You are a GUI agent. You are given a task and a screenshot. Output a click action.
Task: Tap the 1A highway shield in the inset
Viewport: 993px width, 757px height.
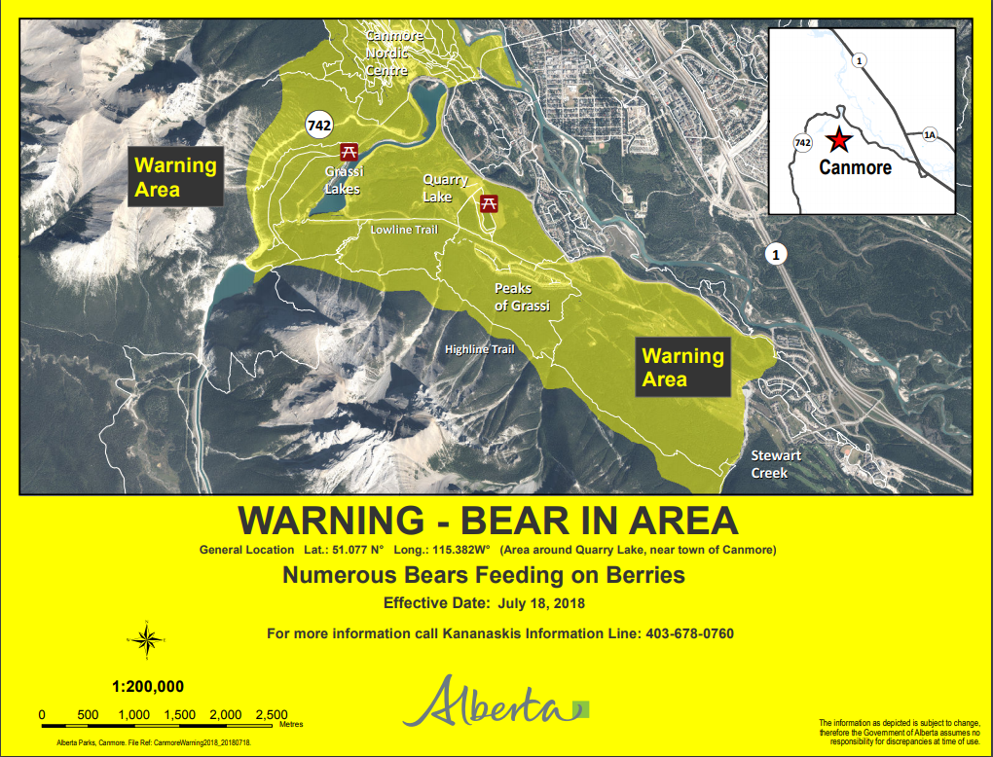point(929,134)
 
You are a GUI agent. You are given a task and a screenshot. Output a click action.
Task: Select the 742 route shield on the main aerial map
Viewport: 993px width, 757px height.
point(318,125)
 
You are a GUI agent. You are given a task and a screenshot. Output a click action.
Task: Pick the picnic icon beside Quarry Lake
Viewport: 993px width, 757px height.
point(490,202)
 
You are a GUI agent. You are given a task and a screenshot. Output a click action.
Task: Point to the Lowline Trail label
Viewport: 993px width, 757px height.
point(404,230)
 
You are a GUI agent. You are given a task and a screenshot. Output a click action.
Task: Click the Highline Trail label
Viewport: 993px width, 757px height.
point(479,349)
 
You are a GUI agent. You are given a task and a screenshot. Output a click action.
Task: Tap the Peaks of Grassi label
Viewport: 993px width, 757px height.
point(522,297)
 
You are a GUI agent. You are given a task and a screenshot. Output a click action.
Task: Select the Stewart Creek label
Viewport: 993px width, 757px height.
point(776,464)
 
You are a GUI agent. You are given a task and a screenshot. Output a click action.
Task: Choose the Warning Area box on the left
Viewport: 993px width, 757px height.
point(175,176)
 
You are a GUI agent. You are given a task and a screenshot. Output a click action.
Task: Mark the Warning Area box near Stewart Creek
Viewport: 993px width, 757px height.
point(682,368)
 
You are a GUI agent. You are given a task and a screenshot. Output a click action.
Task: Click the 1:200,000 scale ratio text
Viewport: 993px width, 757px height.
point(147,686)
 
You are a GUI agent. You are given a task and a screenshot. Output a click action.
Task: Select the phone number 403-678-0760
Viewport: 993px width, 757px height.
point(689,633)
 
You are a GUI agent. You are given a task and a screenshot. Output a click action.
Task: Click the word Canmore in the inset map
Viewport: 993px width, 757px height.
point(855,167)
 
